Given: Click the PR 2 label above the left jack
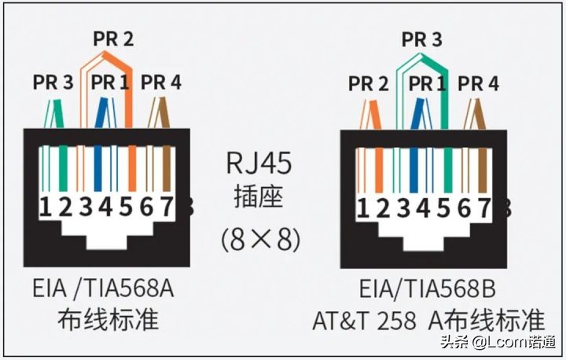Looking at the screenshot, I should point(113,38).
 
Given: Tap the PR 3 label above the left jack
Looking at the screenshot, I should point(53,82).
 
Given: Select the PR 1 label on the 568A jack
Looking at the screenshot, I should point(112,82).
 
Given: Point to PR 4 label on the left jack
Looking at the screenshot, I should point(160,82).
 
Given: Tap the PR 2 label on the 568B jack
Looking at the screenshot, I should point(369,83).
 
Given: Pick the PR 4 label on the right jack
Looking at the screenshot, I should point(478,83).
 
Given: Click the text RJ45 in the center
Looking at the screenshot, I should point(259,163).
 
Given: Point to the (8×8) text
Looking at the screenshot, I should point(261,238).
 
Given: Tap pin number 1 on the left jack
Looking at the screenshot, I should point(46,208).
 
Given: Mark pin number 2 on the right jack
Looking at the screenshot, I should point(383,208).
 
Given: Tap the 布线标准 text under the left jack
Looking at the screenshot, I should point(108,319).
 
